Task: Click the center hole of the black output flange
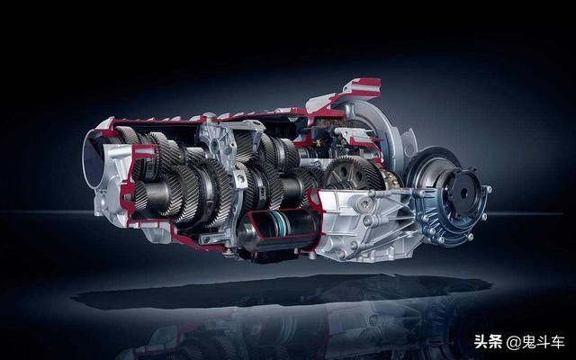click(463, 193)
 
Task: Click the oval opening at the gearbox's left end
click(92, 158)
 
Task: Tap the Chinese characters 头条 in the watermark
click(488, 342)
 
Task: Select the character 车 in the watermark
click(557, 342)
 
